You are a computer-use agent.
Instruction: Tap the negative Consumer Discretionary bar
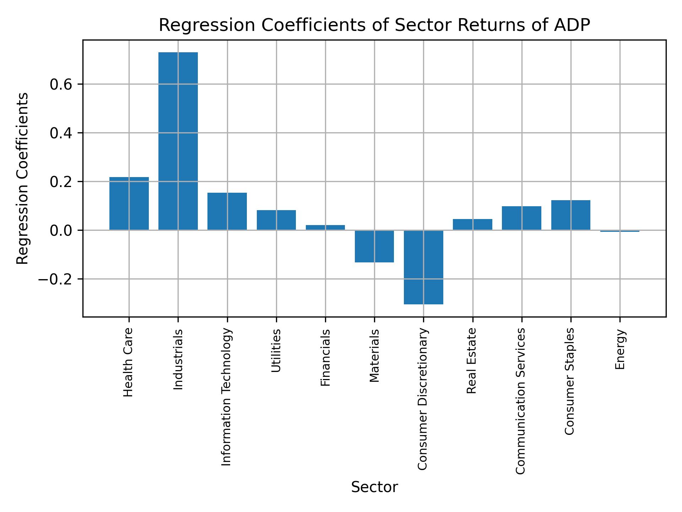pyautogui.click(x=423, y=267)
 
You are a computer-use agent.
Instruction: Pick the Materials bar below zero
pyautogui.click(x=374, y=246)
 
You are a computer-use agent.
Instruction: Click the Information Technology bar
pyautogui.click(x=227, y=211)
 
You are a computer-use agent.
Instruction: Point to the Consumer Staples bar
pyautogui.click(x=570, y=215)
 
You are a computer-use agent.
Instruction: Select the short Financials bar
pyautogui.click(x=325, y=228)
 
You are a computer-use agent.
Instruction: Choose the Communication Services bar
pyautogui.click(x=521, y=218)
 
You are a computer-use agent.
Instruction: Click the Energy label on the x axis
pyautogui.click(x=620, y=349)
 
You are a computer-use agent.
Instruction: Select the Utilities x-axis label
pyautogui.click(x=276, y=351)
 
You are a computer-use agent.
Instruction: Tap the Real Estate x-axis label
pyautogui.click(x=471, y=361)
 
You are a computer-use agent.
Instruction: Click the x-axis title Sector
pyautogui.click(x=374, y=487)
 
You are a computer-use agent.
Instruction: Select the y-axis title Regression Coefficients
pyautogui.click(x=23, y=178)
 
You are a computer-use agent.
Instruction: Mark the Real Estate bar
pyautogui.click(x=472, y=224)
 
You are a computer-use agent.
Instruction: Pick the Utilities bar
pyautogui.click(x=276, y=220)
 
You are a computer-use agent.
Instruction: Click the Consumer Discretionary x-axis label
pyautogui.click(x=422, y=399)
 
